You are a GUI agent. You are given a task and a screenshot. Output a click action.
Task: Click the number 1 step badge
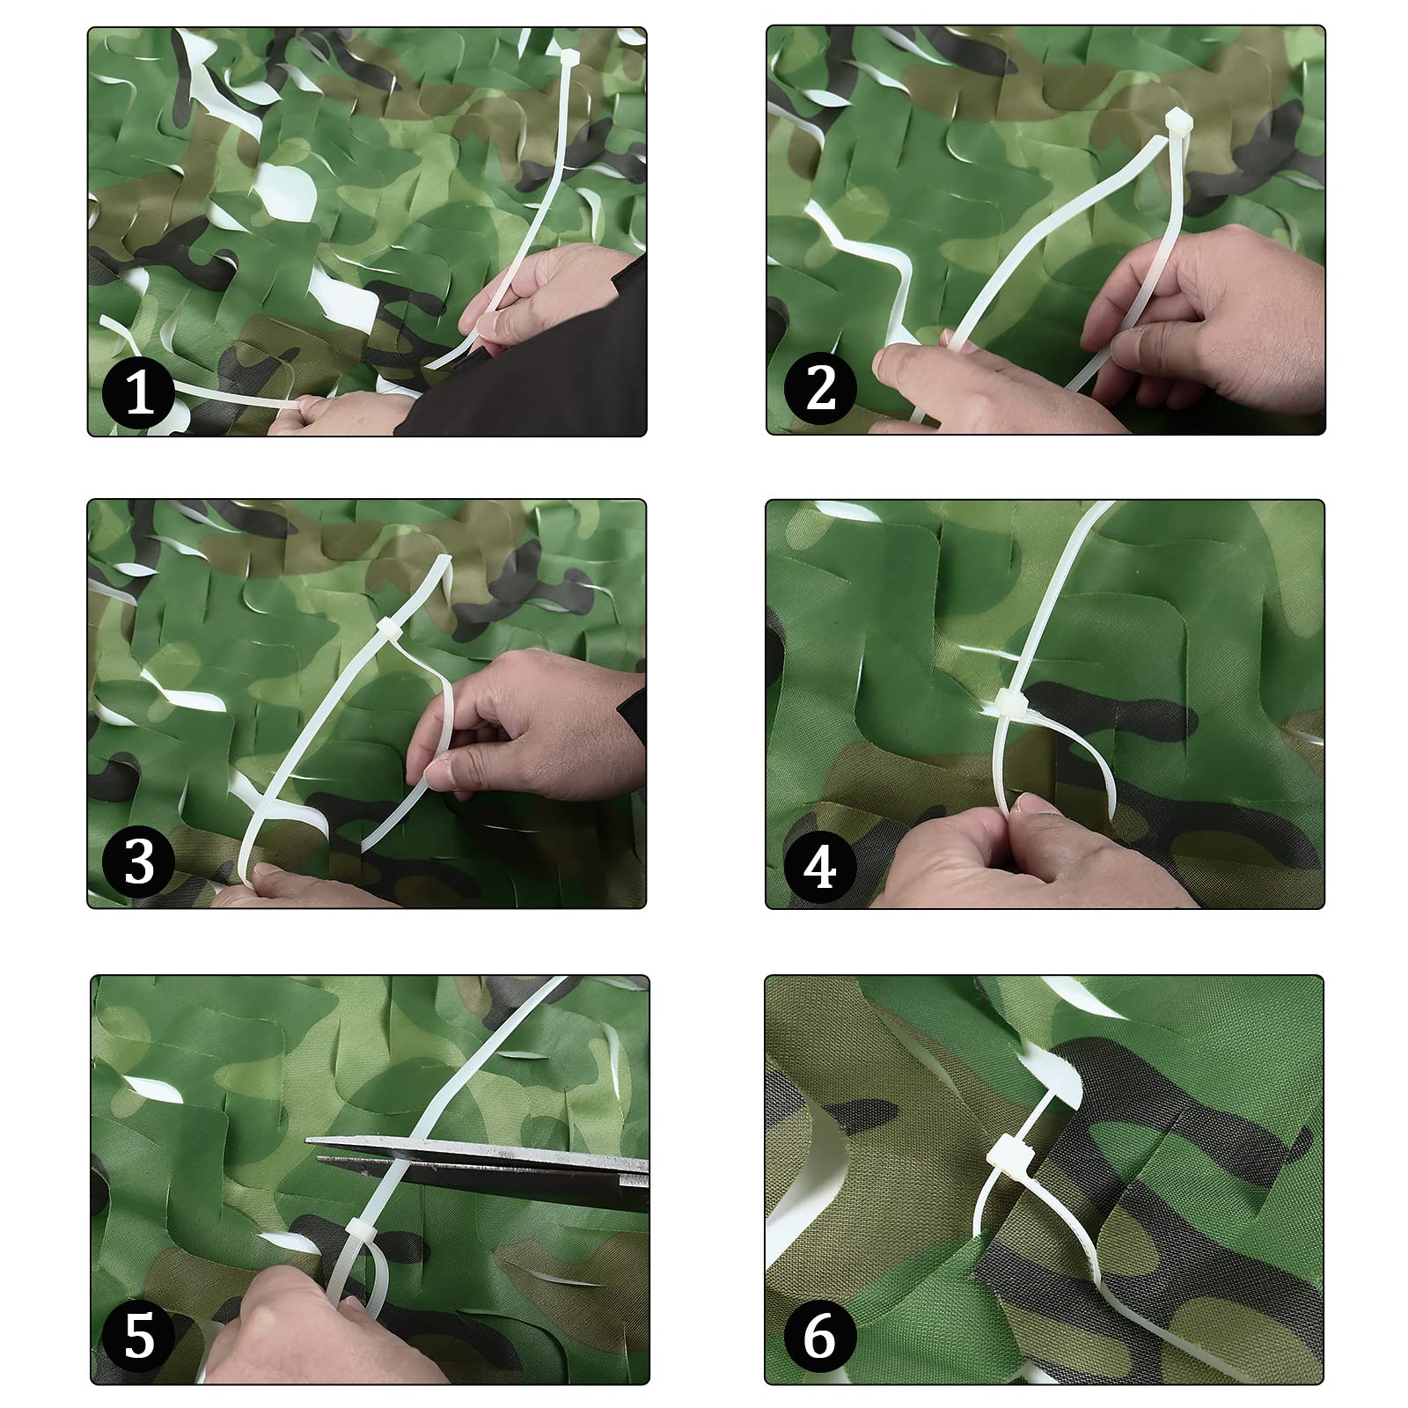pyautogui.click(x=138, y=392)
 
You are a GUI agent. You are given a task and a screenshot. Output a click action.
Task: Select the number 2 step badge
pyautogui.click(x=820, y=387)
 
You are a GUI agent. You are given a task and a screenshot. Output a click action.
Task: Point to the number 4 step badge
pyautogui.click(x=820, y=866)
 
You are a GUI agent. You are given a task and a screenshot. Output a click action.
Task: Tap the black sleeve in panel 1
pyautogui.click(x=528, y=370)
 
